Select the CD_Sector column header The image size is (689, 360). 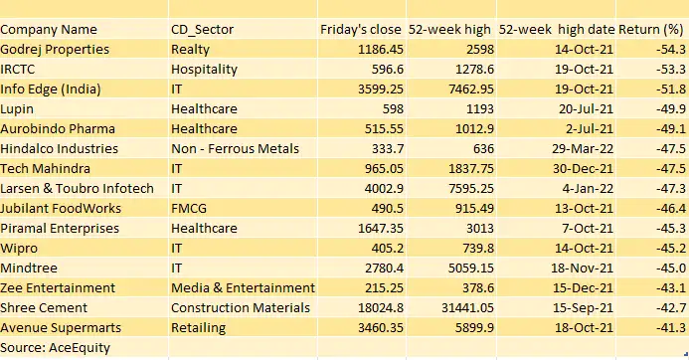coord(203,30)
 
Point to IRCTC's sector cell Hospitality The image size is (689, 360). coord(204,69)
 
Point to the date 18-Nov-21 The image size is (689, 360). coord(584,268)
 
